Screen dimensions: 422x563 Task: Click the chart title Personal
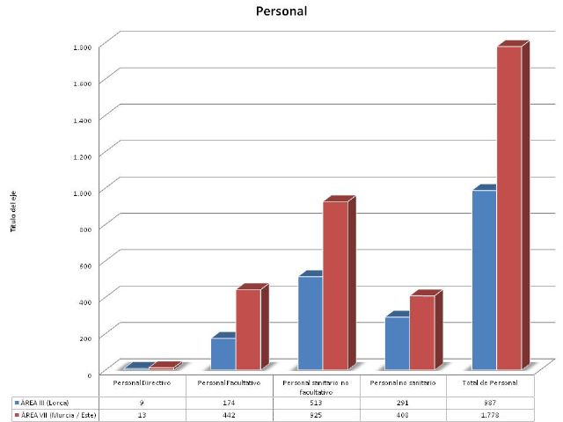click(281, 12)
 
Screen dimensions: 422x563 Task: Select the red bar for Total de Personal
click(509, 207)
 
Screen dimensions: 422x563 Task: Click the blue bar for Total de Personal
click(484, 279)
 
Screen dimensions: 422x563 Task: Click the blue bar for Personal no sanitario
click(397, 342)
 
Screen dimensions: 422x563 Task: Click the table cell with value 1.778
click(490, 414)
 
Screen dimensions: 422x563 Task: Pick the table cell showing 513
click(316, 401)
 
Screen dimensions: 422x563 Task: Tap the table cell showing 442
click(229, 414)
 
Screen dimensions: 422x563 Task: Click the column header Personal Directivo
click(142, 383)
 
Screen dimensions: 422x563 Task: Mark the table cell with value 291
click(403, 401)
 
